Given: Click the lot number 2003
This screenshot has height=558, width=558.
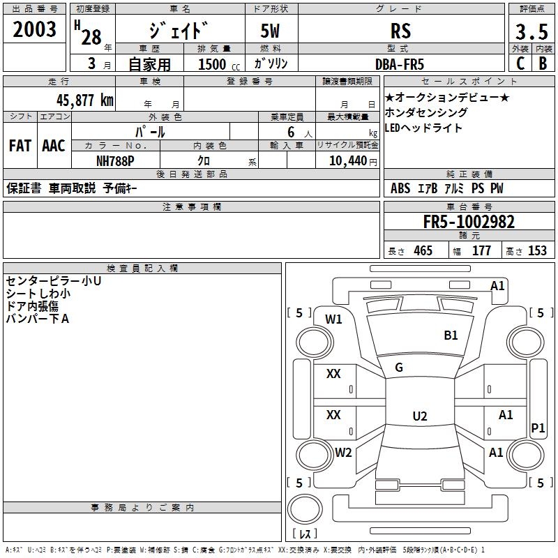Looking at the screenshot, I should (x=35, y=29).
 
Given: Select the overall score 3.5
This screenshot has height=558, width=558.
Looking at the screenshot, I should (x=531, y=32).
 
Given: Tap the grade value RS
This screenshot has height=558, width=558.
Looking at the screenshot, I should (x=400, y=31).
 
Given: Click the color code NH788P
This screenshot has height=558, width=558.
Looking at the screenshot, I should (x=115, y=160).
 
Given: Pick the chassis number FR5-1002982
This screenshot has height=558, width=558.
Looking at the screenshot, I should (x=469, y=222).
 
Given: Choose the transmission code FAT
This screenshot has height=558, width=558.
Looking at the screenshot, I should (x=20, y=146).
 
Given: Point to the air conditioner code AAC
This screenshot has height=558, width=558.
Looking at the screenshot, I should (x=53, y=146).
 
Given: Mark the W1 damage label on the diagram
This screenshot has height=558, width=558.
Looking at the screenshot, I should (x=334, y=319).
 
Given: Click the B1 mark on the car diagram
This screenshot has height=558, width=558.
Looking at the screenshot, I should (x=451, y=335).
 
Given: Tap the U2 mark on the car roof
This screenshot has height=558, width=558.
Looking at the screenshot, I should (x=419, y=416).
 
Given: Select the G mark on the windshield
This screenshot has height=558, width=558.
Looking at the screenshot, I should (x=399, y=368).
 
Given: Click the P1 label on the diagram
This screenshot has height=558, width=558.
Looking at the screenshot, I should (x=537, y=428).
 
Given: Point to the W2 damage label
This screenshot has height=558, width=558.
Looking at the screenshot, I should (x=343, y=453).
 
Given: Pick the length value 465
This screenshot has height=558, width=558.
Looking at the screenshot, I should (x=422, y=251).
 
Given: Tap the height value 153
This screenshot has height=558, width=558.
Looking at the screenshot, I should (x=537, y=251).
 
